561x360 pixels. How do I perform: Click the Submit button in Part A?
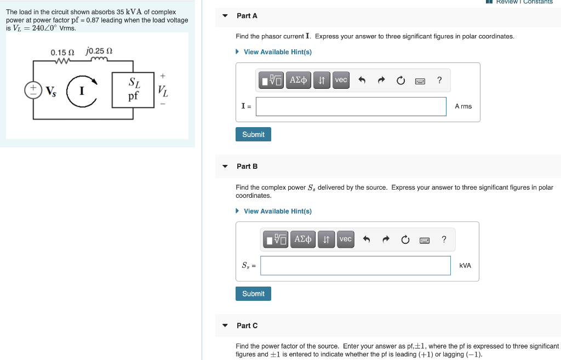point(253,134)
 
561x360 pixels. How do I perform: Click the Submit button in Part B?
point(253,294)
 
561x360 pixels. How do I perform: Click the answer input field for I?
point(351,106)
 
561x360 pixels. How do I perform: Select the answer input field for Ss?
point(355,266)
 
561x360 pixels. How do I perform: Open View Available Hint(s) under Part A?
point(277,52)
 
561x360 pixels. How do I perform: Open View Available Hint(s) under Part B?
point(277,212)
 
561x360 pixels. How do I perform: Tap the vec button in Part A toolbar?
point(341,80)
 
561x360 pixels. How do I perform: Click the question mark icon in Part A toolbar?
point(439,80)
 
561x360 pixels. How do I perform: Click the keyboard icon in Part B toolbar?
point(425,239)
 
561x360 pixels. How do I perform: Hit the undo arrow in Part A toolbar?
point(362,81)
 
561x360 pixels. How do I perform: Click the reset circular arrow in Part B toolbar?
point(405,239)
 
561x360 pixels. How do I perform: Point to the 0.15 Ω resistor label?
point(62,53)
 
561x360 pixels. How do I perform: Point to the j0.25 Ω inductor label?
point(99,52)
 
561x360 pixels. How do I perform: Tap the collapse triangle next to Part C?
point(225,325)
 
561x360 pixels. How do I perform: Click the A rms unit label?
point(463,106)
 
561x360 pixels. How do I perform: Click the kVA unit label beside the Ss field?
point(465,266)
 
